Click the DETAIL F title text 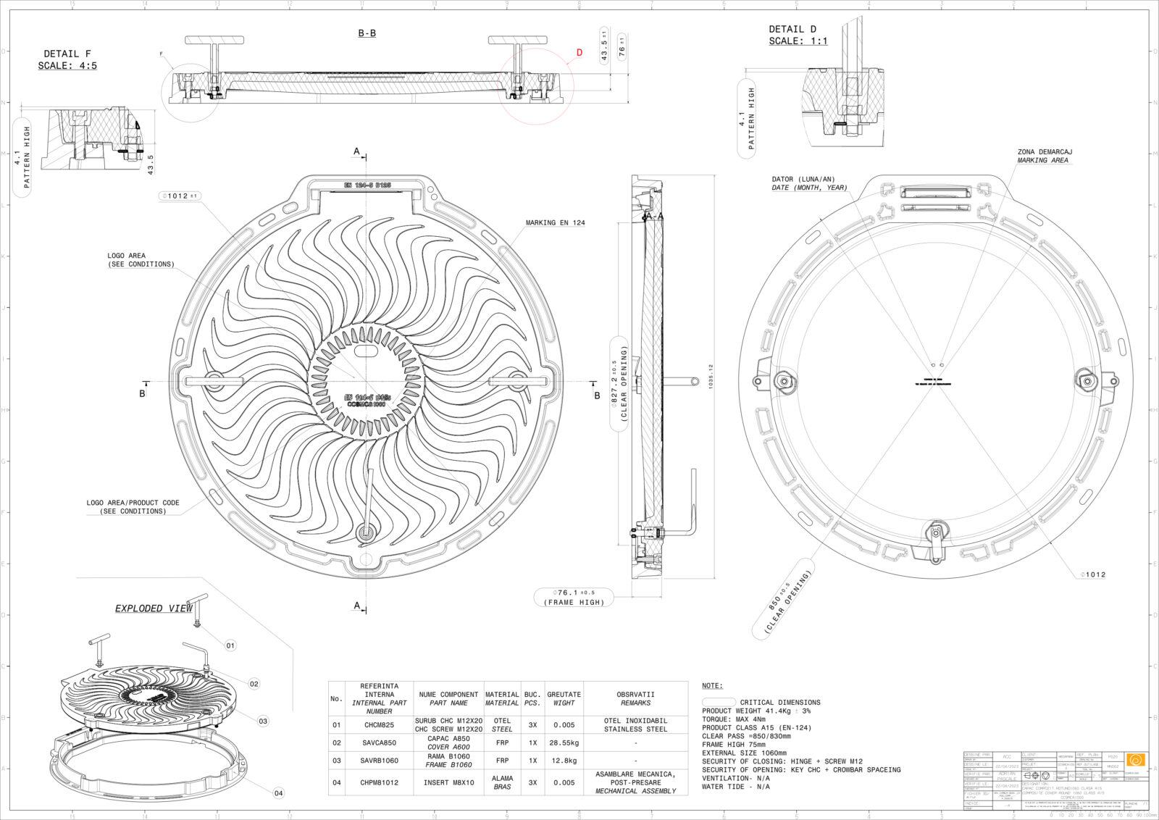click(x=67, y=54)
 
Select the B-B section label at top click(x=367, y=33)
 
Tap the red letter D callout click(x=579, y=52)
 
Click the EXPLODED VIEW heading click(x=154, y=608)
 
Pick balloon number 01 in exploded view click(x=230, y=645)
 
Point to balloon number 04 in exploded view click(x=278, y=793)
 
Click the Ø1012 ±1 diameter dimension click(x=180, y=196)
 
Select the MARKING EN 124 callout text click(x=556, y=223)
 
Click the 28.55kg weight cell click(x=564, y=742)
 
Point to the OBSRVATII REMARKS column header click(x=635, y=698)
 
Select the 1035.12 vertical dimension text click(x=711, y=376)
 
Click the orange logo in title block click(x=1136, y=760)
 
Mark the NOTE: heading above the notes click(x=712, y=685)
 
